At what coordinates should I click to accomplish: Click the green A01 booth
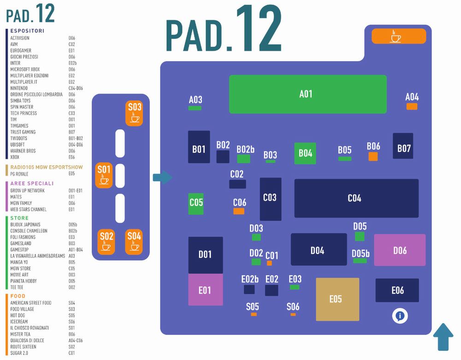pos(307,94)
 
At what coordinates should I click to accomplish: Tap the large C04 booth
pos(356,198)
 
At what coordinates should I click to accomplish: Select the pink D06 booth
pos(400,250)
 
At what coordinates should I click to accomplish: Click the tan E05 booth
pos(337,299)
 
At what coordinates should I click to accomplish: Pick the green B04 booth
pos(305,153)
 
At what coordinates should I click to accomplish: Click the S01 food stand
pos(104,175)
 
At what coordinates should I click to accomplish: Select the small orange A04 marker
pos(412,106)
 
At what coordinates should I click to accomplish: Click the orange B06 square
pos(373,156)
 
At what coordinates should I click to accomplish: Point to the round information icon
pos(400,316)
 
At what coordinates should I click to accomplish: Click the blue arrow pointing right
pos(162,177)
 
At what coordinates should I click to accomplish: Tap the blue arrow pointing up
pos(443,337)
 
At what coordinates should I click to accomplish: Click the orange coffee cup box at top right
pos(399,36)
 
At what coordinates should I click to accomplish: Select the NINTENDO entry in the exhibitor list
pos(19,88)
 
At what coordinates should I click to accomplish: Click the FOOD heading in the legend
pos(18,296)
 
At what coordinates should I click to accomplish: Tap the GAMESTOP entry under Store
pos(20,249)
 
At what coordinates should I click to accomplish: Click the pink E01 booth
pos(206,289)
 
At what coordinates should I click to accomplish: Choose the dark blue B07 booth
pos(403,146)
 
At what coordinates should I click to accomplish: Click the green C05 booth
pos(196,203)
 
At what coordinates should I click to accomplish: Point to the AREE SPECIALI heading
pos(32,183)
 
